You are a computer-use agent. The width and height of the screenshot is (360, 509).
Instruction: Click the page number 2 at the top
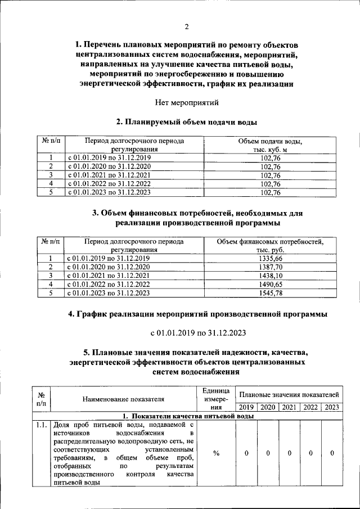186,26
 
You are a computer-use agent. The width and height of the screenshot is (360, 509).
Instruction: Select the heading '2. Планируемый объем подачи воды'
186,121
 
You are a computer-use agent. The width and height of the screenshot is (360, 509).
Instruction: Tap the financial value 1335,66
269,258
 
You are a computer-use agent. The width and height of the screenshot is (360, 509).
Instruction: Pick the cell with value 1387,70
269,267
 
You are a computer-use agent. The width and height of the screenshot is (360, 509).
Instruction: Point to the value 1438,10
269,275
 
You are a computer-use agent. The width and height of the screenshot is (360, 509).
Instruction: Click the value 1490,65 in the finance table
269,284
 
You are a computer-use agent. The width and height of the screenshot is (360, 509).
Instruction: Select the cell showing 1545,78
269,292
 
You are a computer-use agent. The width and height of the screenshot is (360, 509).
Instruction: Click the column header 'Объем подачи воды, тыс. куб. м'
271,145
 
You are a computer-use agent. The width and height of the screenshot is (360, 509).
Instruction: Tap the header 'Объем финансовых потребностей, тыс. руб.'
269,245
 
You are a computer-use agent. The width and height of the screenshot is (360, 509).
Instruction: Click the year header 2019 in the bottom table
246,407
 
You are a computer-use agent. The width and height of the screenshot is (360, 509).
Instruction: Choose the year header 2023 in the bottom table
332,407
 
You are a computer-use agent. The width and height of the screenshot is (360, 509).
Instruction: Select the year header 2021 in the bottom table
289,407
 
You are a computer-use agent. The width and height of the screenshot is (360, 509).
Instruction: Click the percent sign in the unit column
216,453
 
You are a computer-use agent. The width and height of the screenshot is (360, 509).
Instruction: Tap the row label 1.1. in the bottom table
40,425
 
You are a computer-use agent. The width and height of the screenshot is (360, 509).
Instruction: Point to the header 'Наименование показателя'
123,399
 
